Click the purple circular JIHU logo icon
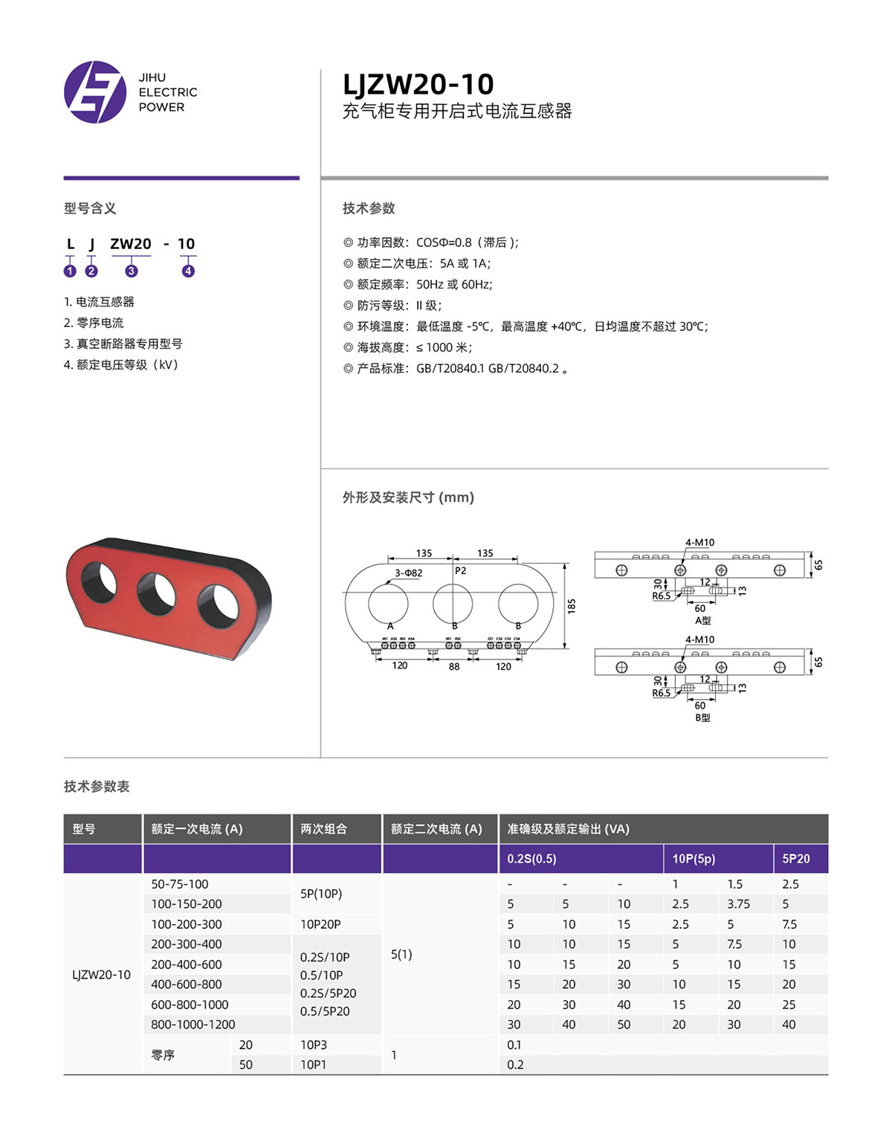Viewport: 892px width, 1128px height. pyautogui.click(x=95, y=92)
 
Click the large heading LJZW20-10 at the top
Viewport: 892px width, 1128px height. pyautogui.click(x=418, y=84)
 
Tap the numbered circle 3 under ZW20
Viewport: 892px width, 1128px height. pyautogui.click(x=132, y=271)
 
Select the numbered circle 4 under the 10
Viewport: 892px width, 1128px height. pyautogui.click(x=188, y=271)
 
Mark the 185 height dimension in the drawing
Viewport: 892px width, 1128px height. pyautogui.click(x=572, y=606)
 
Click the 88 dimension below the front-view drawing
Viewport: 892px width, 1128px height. pyautogui.click(x=454, y=667)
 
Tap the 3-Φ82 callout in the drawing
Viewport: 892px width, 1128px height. pyautogui.click(x=408, y=573)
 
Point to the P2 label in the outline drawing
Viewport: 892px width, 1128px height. pyautogui.click(x=461, y=570)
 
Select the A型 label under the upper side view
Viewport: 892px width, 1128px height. pyautogui.click(x=702, y=620)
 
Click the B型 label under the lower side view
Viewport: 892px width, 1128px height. pyautogui.click(x=702, y=718)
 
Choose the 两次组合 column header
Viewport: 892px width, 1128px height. pyautogui.click(x=323, y=829)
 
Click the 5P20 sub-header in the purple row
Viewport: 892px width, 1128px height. pyautogui.click(x=796, y=859)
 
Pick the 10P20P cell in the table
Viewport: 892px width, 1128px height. pyautogui.click(x=320, y=924)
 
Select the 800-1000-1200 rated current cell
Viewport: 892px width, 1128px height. pyautogui.click(x=193, y=1025)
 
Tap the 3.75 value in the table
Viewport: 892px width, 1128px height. pyautogui.click(x=738, y=904)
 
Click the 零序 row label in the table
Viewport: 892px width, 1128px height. pyautogui.click(x=163, y=1055)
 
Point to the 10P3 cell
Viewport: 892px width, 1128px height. pyautogui.click(x=314, y=1045)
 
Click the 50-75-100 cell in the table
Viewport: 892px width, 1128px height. pyautogui.click(x=180, y=884)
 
